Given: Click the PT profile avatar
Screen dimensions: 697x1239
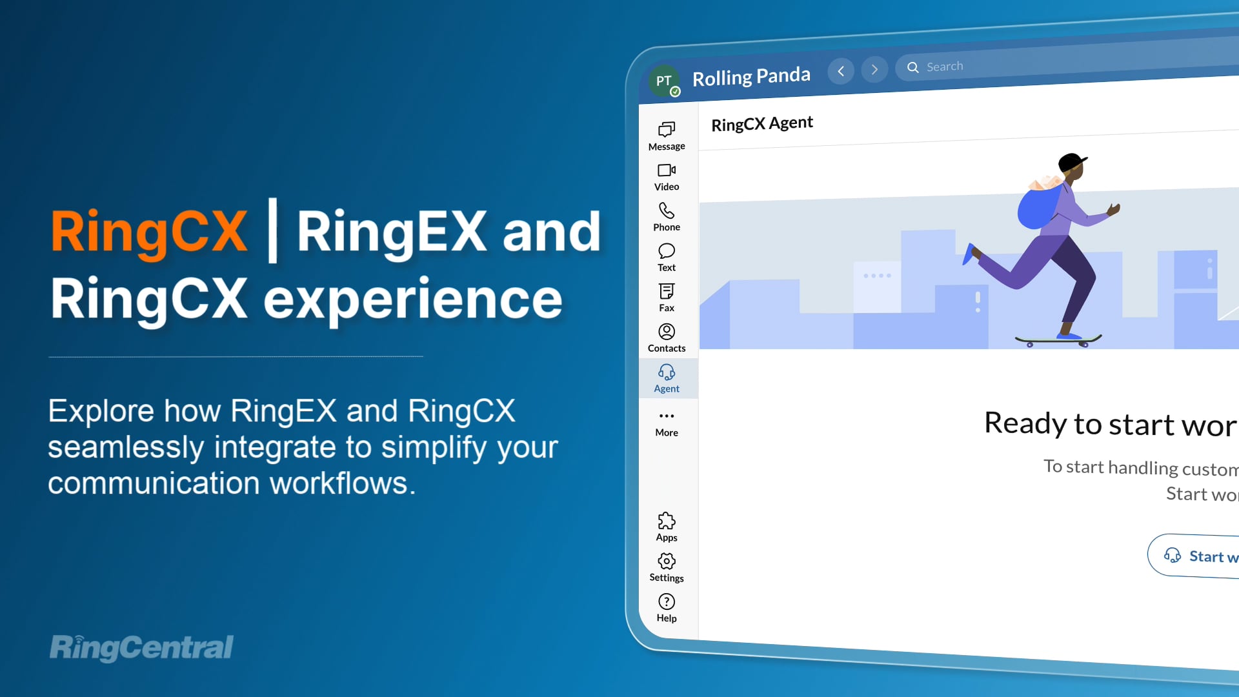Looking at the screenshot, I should tap(664, 81).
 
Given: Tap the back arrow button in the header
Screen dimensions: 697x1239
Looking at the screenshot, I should tap(841, 71).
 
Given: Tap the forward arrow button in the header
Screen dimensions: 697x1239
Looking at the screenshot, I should tap(874, 70).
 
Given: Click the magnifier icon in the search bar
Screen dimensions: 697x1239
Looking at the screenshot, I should tap(913, 67).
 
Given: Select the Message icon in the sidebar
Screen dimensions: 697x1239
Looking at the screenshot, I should tap(667, 130).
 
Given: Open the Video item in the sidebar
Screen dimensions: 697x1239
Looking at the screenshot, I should tap(667, 170).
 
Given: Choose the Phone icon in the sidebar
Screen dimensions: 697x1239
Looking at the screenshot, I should tap(667, 211).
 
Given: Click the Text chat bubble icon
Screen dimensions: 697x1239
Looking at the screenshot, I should tap(667, 251).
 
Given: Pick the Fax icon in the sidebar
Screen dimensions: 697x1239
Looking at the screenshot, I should tap(667, 292).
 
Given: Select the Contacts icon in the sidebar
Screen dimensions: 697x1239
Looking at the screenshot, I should tap(667, 332).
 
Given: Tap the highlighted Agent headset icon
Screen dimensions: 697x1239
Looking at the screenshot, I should tap(667, 372).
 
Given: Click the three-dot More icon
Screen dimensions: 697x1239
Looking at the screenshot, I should tap(667, 416).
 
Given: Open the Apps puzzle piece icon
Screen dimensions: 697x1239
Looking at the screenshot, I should tap(667, 521).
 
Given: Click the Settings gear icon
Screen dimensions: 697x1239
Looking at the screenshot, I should tap(667, 561).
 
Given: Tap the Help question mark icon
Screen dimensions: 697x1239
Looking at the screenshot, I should tap(667, 601).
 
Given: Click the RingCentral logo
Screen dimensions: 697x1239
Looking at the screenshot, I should tap(142, 647).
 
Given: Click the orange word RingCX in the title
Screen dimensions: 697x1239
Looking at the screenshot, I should tap(149, 231).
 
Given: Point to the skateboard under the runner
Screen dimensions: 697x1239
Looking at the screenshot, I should tap(1058, 339).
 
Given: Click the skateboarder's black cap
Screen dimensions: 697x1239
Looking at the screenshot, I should tap(1072, 161).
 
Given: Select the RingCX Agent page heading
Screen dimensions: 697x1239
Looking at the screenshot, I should tap(762, 123).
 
